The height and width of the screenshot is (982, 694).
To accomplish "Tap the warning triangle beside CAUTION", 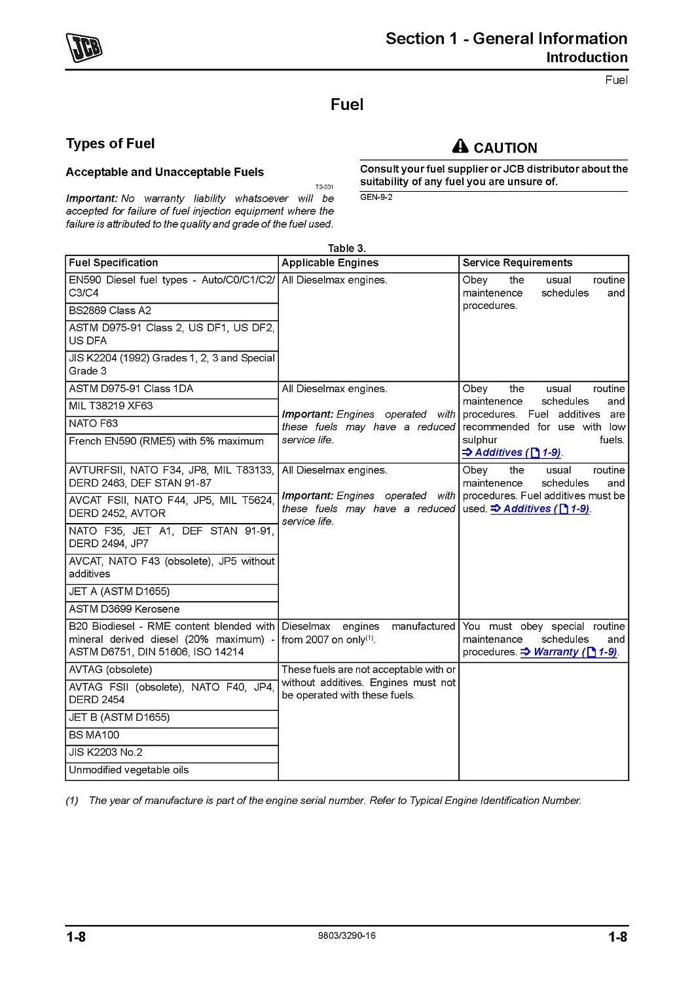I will [x=460, y=147].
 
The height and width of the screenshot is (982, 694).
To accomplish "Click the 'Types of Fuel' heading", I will [x=110, y=143].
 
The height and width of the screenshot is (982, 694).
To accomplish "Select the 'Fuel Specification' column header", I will [x=113, y=263].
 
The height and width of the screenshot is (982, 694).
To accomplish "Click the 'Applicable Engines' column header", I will [x=330, y=263].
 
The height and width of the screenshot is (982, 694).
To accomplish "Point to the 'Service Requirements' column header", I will [x=517, y=263].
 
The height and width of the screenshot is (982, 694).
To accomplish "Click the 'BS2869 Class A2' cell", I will [x=110, y=310].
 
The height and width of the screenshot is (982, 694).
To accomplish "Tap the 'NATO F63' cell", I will [x=94, y=424].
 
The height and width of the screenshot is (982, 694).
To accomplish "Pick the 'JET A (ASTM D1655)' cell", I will [x=119, y=591].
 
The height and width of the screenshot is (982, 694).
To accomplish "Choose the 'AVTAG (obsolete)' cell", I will [x=111, y=670].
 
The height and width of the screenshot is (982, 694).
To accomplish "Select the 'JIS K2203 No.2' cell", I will [x=105, y=752].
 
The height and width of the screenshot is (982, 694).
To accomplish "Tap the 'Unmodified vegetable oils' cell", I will [x=129, y=770].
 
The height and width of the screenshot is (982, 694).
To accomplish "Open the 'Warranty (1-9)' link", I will [x=569, y=652].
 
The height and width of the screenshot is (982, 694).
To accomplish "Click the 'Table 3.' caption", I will [x=347, y=248].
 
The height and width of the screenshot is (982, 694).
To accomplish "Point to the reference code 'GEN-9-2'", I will [x=376, y=197].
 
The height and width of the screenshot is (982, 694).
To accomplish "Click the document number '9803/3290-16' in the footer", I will [x=346, y=936].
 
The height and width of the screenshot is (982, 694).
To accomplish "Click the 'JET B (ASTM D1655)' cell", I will [x=119, y=718].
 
